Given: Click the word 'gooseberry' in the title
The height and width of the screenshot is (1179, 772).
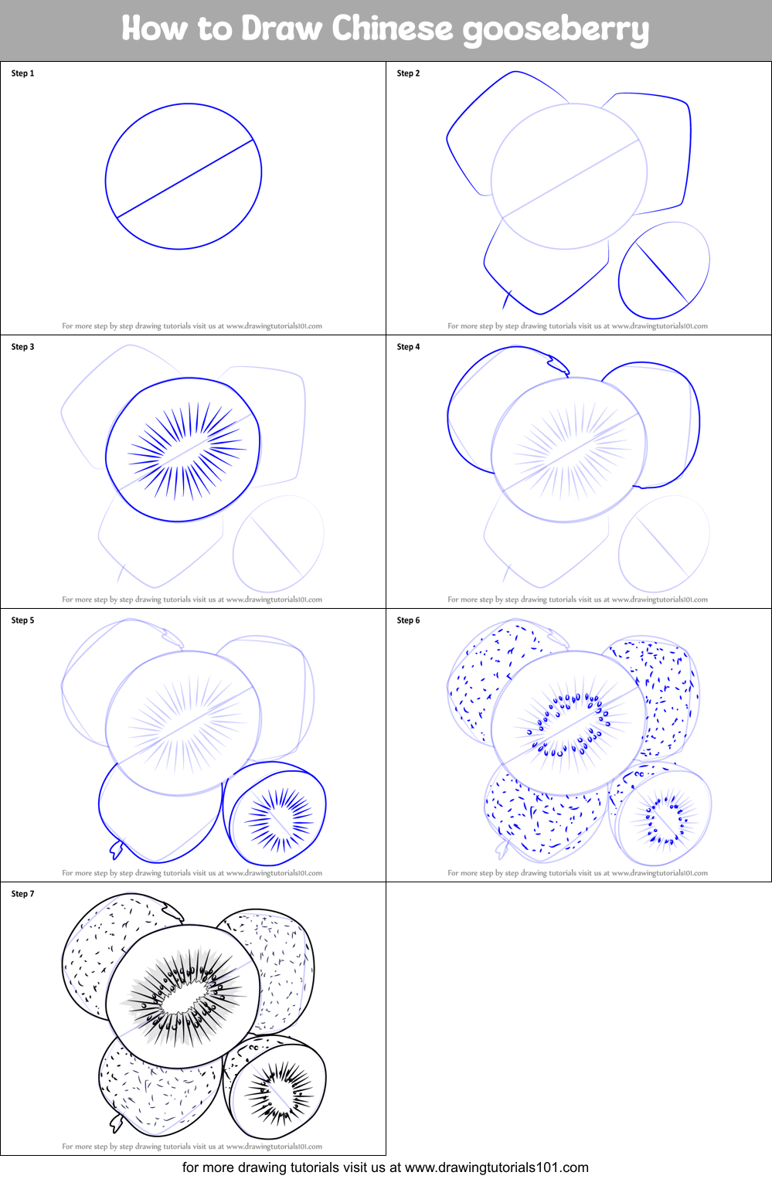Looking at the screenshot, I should (556, 29).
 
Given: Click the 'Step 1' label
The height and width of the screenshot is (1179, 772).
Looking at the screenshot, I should (22, 73).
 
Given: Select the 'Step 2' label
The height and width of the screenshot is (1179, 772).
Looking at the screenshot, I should (408, 73).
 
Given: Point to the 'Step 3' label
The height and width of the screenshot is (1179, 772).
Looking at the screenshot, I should (22, 347).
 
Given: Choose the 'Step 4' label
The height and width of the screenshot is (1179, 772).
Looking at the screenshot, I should (408, 347).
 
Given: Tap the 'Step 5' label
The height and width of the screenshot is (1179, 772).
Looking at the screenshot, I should (22, 620).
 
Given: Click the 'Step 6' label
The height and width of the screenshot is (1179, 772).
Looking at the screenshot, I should (408, 620).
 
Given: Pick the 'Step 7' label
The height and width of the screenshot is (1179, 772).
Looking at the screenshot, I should (22, 894).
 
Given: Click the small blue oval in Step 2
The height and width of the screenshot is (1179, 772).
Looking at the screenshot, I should (664, 270).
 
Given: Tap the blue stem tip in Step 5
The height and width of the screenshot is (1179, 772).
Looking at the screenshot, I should (117, 850).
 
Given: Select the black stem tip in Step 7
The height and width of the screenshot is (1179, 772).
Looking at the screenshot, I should (117, 1123).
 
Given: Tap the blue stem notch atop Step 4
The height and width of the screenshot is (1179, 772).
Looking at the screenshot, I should (556, 362).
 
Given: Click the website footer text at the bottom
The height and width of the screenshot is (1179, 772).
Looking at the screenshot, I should (385, 1167).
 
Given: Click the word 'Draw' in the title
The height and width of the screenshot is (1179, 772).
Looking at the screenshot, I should (281, 29).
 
